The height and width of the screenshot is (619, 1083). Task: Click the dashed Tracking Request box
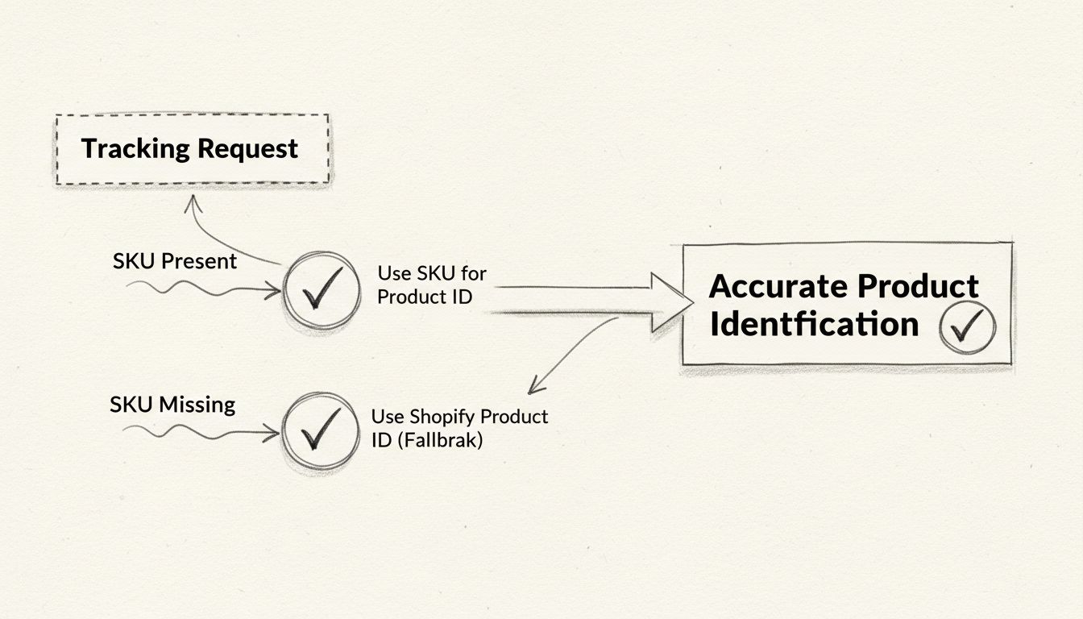point(192,149)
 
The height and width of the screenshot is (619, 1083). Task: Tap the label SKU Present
point(175,261)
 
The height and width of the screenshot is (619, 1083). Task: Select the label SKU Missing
point(172,404)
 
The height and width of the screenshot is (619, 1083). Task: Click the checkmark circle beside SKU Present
point(321,290)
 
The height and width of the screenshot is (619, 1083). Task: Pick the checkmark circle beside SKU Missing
point(320,433)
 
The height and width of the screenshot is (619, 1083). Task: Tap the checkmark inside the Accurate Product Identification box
point(967,326)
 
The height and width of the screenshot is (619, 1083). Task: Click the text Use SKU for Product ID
point(431,285)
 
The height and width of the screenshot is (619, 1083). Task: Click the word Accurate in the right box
point(778,287)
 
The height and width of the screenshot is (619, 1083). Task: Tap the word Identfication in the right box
point(814,324)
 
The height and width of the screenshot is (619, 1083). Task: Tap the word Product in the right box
point(918,287)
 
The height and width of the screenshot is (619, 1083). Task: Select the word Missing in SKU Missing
point(197,404)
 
